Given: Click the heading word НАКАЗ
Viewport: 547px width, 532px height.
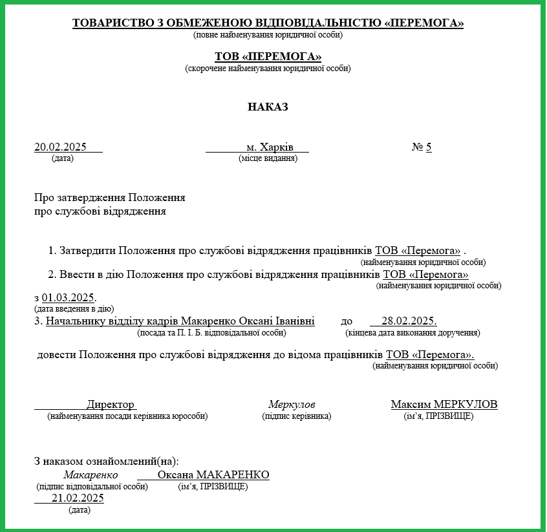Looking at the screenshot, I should (268, 107).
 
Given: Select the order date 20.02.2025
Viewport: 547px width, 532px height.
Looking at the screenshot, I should (60, 147).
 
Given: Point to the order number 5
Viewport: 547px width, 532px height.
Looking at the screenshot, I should (428, 147).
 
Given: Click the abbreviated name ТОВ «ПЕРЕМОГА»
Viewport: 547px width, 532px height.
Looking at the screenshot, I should (268, 57).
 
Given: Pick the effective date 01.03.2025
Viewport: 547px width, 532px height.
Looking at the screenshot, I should (68, 298).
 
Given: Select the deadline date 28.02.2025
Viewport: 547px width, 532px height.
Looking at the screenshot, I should (409, 321).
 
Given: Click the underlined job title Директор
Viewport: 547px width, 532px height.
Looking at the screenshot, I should (111, 405).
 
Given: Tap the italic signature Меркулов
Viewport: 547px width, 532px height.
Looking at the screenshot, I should (292, 405).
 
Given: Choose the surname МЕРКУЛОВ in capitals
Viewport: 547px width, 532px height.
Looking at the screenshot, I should (466, 405).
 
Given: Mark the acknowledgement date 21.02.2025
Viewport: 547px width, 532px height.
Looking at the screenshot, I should (78, 498).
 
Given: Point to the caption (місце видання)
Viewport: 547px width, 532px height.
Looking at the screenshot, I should (268, 158).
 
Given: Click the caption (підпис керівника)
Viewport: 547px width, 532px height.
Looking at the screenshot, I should (296, 416).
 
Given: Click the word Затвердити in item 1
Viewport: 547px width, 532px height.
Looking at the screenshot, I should (89, 250).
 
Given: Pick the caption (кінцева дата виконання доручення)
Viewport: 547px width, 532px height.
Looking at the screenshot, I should (413, 333).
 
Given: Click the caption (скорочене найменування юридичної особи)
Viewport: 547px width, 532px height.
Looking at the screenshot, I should (268, 68).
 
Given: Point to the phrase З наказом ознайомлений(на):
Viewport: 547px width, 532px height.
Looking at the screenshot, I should (106, 462).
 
